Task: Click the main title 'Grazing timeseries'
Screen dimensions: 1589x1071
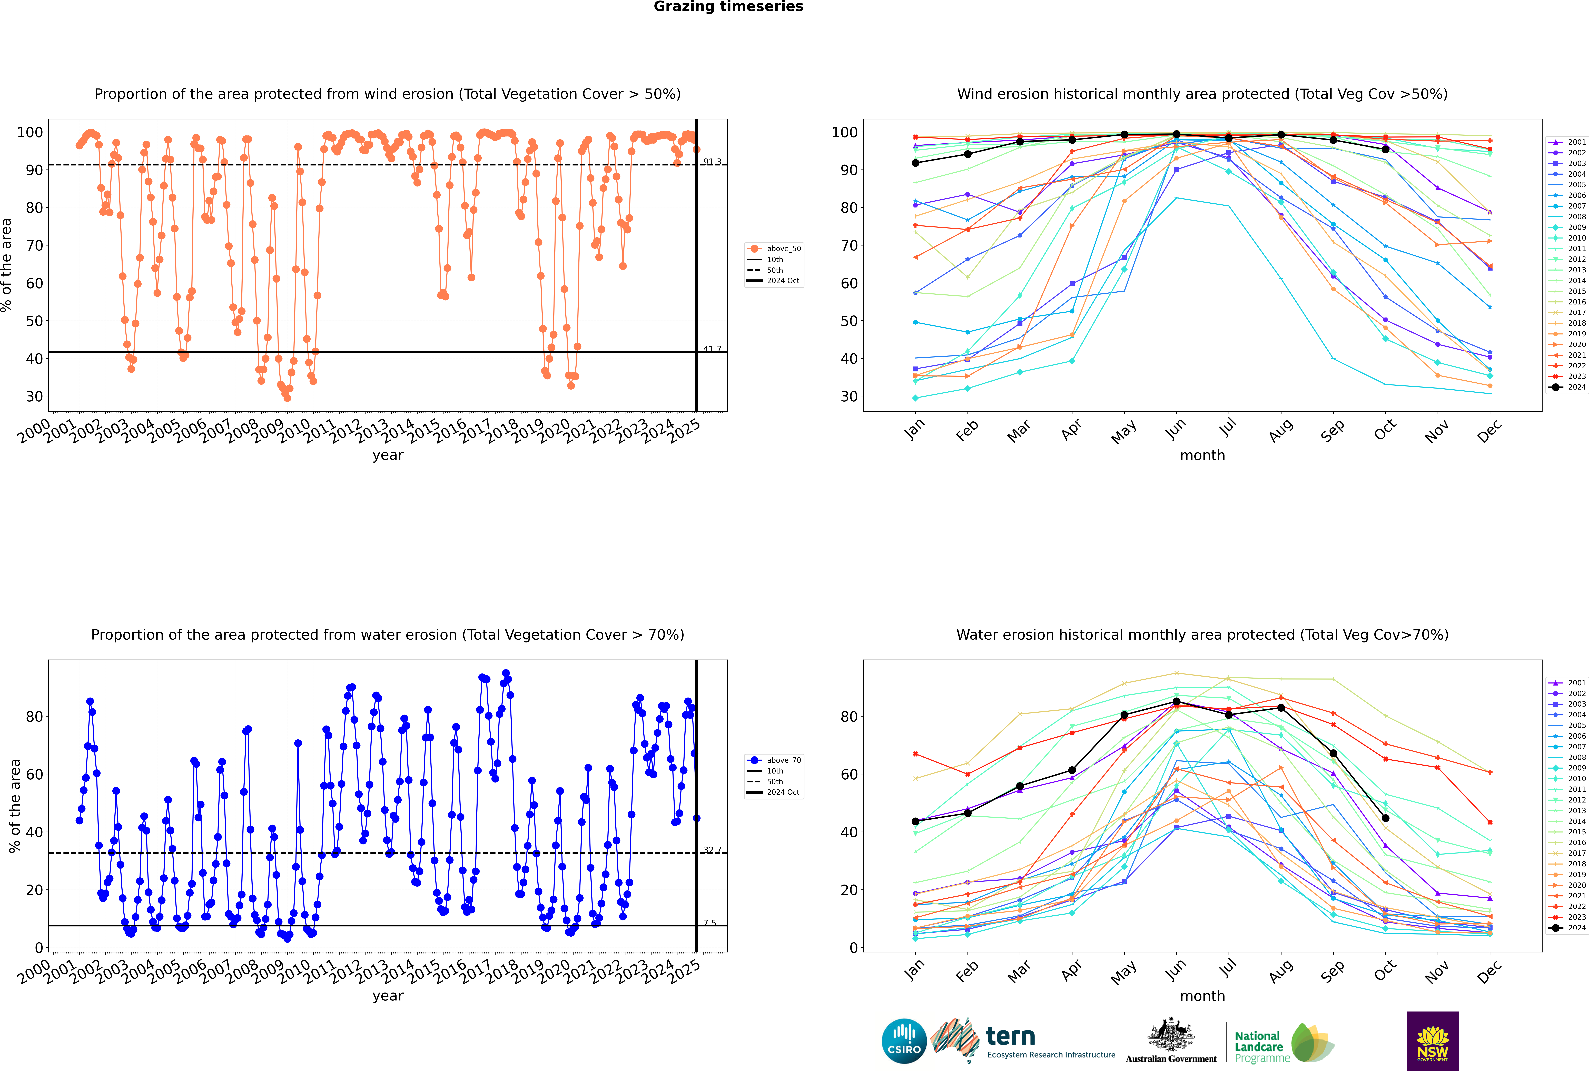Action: click(x=728, y=7)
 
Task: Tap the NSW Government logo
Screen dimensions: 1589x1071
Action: click(x=1433, y=1041)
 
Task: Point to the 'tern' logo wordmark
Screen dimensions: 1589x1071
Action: click(x=1010, y=1037)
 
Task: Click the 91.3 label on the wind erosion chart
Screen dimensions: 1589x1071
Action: click(x=712, y=162)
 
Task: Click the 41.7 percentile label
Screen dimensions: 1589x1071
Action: click(x=712, y=349)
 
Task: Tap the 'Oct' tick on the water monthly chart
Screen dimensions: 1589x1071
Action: click(x=1385, y=970)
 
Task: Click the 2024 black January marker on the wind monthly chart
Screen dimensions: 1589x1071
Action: click(x=915, y=163)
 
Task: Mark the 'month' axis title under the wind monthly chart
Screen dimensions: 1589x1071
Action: click(x=1202, y=456)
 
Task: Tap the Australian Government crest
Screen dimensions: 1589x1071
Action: click(x=1171, y=1035)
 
